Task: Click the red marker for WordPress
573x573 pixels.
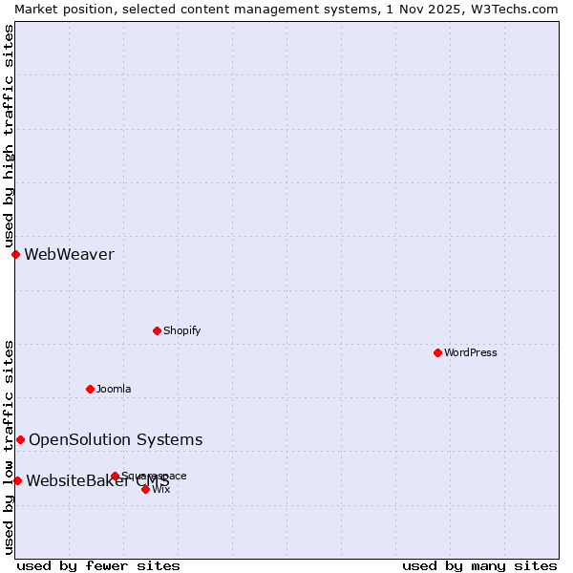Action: click(437, 352)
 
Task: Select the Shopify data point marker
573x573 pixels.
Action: click(157, 330)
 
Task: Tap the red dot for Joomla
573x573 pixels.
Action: click(90, 389)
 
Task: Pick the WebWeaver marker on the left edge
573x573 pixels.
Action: click(15, 254)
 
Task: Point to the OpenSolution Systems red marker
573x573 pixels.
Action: click(20, 439)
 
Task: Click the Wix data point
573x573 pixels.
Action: click(145, 489)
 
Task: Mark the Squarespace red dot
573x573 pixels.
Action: click(115, 476)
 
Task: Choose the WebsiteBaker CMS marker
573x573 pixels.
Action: click(17, 480)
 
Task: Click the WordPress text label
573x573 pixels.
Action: click(471, 352)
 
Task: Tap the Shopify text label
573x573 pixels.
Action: click(181, 330)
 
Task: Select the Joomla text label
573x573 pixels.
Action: click(114, 389)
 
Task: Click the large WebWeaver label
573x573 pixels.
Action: click(69, 254)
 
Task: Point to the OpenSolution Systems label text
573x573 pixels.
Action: click(116, 439)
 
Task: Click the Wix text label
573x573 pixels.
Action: click(161, 489)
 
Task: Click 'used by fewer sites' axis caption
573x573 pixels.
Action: click(98, 565)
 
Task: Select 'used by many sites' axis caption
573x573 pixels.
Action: click(479, 565)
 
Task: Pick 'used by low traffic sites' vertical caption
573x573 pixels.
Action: click(9, 447)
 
